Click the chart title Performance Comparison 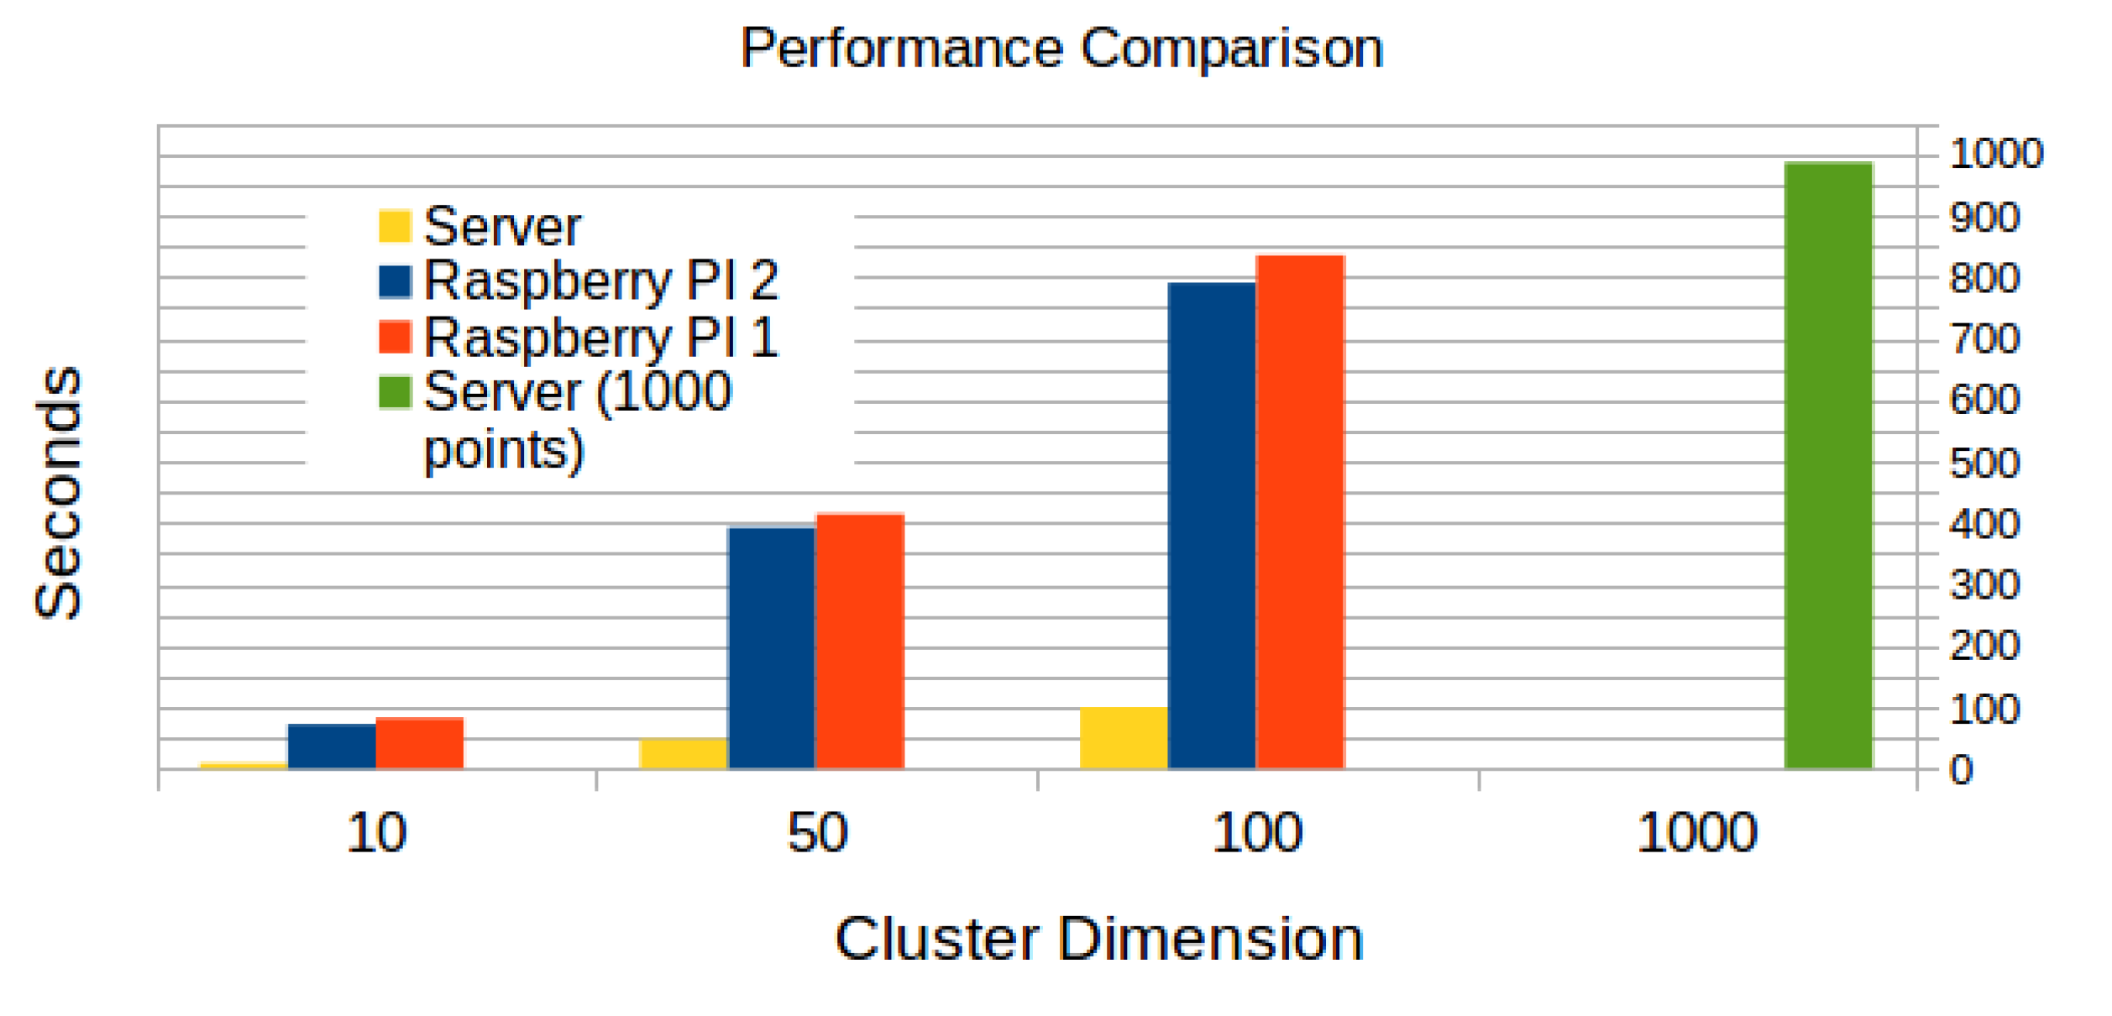(x=1061, y=49)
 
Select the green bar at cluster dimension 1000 (x=1827, y=466)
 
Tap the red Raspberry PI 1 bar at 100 (x=1299, y=512)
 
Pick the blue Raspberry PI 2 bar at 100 (x=1211, y=526)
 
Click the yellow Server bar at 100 (x=1123, y=738)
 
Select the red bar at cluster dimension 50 (x=859, y=642)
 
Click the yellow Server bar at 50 (x=683, y=753)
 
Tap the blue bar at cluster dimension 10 (x=331, y=746)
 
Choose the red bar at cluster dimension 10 (x=419, y=743)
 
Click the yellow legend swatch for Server (x=395, y=226)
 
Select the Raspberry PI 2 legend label (x=600, y=280)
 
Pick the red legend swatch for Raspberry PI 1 (x=395, y=337)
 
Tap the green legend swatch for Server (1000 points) (x=395, y=392)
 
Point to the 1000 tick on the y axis (x=1994, y=154)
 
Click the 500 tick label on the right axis (x=1984, y=463)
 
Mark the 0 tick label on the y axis (x=1960, y=770)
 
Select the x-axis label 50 (x=816, y=834)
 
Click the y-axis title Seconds (x=59, y=493)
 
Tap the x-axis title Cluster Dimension (x=1098, y=939)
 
